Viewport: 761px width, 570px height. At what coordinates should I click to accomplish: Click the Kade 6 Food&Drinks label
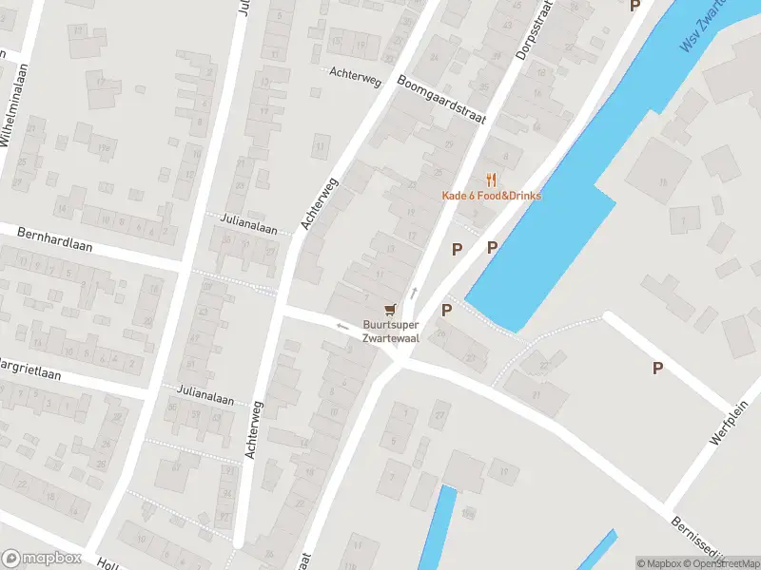[491, 196]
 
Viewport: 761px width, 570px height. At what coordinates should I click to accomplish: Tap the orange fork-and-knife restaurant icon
[491, 179]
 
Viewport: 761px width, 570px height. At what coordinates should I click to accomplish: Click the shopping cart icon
[389, 309]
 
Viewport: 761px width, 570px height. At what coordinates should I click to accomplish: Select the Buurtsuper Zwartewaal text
[389, 330]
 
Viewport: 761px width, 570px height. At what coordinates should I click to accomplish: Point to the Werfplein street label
[728, 423]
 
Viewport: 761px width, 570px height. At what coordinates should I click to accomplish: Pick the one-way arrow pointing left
[341, 326]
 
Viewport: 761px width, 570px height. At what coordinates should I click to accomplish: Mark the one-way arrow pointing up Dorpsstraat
[413, 293]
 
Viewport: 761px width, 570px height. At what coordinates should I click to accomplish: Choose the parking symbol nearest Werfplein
[657, 368]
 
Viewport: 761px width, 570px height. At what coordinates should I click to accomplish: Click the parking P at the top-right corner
[635, 6]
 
